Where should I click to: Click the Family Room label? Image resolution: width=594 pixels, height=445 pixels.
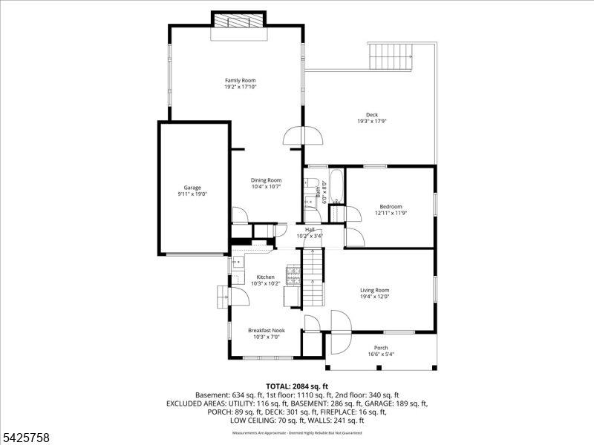[x=240, y=80]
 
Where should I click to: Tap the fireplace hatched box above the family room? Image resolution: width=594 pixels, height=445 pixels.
[x=238, y=19]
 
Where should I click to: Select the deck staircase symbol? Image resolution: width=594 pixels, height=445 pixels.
[x=390, y=56]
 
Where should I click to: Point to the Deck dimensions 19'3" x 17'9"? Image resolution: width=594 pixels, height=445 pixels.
[x=372, y=122]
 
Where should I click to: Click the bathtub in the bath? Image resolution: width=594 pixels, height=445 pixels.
[x=336, y=186]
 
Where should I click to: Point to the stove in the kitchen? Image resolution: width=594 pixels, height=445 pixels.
[x=293, y=276]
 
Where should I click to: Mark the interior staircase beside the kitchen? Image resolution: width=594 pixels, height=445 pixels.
[x=316, y=277]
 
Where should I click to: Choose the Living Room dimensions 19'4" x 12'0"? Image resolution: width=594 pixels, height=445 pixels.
[x=375, y=297]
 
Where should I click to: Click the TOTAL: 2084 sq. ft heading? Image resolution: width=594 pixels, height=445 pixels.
[x=297, y=386]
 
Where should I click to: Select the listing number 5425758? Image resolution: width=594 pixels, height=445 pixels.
[x=26, y=438]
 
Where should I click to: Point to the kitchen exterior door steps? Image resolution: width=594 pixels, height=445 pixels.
[x=222, y=297]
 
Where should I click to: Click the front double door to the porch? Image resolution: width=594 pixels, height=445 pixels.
[x=340, y=332]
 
